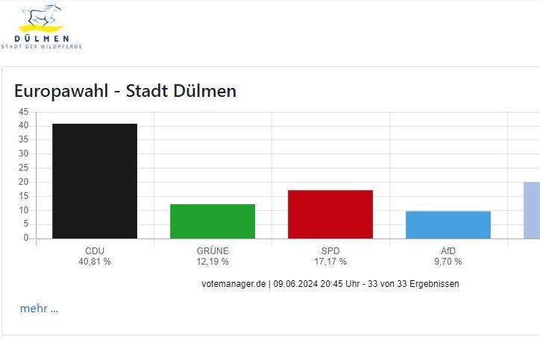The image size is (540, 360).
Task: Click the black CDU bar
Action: tap(95, 181)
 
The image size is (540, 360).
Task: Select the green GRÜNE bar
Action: tap(213, 221)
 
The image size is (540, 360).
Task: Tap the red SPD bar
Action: tap(330, 214)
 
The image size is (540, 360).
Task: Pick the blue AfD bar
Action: tap(448, 224)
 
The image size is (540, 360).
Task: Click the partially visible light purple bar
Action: tap(532, 210)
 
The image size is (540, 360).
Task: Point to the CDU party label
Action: tap(95, 250)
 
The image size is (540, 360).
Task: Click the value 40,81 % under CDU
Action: tap(95, 262)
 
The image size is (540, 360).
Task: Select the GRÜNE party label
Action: tap(213, 250)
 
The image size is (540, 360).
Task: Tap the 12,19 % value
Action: tap(213, 262)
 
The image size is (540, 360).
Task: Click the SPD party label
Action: tap(330, 250)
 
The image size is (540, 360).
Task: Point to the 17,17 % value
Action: tap(330, 262)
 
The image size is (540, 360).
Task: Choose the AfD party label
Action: tap(448, 250)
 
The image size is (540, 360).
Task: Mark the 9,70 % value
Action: tap(448, 262)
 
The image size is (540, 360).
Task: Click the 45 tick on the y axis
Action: tap(24, 112)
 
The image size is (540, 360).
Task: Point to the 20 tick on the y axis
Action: tap(24, 182)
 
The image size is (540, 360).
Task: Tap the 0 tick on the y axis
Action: tap(26, 238)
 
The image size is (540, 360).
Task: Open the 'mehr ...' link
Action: tap(39, 309)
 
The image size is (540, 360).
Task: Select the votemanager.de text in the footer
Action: tap(233, 284)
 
